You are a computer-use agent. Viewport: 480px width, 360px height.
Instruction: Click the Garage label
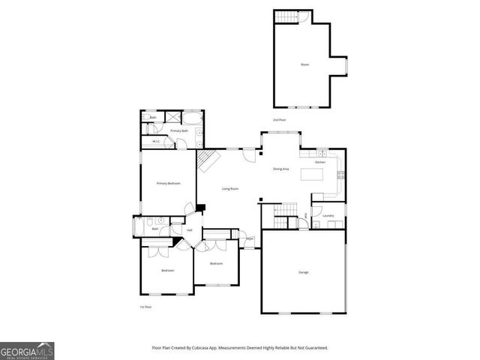pos(304,271)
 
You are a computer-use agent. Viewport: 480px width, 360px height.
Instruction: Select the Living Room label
pos(230,189)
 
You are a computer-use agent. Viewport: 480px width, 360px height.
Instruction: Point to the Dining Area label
pos(281,169)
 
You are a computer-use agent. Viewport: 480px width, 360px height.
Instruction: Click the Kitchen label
pos(319,162)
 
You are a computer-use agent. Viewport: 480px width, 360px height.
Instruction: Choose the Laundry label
pos(328,216)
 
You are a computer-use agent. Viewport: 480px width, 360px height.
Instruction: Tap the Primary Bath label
pos(178,131)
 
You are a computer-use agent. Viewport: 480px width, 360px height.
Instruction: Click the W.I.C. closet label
pos(156,142)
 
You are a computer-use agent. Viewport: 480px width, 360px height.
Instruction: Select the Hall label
pos(190,230)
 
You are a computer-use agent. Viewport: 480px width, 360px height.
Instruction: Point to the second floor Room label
pos(305,65)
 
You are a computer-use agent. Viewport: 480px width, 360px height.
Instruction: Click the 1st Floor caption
pos(145,307)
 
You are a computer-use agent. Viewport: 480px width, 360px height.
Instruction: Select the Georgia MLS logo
pos(27,350)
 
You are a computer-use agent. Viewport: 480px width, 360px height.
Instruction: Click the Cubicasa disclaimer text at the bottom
pos(240,348)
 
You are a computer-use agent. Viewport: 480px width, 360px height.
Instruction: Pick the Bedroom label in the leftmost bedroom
pos(167,270)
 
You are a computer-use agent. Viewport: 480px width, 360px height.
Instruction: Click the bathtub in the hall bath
pos(139,227)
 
